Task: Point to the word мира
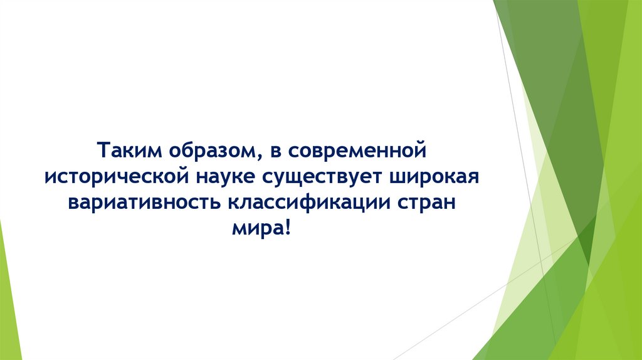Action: click(256, 230)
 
